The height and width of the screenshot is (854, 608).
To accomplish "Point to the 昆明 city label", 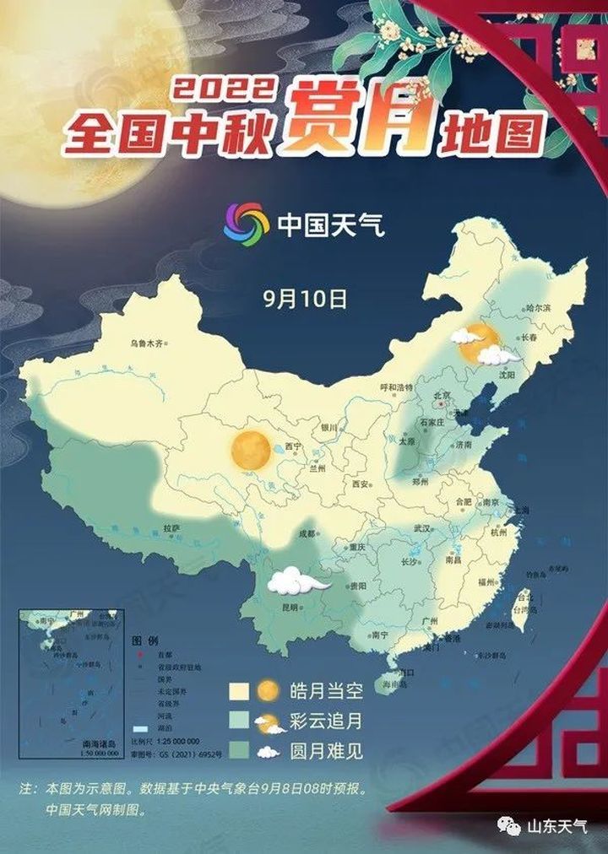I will tap(290, 607).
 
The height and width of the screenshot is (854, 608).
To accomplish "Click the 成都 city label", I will tap(306, 533).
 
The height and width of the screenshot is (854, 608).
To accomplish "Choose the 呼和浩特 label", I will tap(397, 387).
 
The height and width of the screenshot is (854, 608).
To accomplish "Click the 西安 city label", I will tap(361, 484).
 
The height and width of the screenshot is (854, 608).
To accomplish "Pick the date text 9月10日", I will tap(305, 298).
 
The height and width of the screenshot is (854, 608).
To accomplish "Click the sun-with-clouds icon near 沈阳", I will tap(485, 344).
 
